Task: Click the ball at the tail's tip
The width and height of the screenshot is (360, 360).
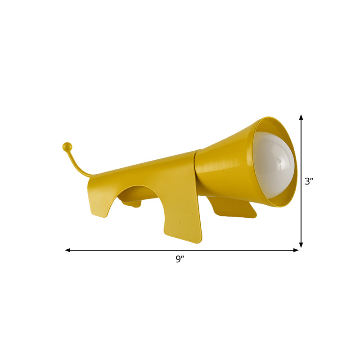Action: pyautogui.click(x=67, y=146)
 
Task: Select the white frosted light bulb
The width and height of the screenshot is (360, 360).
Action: pyautogui.click(x=273, y=163)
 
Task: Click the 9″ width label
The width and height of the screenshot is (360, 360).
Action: pyautogui.click(x=180, y=259)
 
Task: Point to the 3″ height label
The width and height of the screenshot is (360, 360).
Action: pyautogui.click(x=309, y=182)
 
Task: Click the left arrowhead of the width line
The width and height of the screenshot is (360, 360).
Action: pyautogui.click(x=67, y=250)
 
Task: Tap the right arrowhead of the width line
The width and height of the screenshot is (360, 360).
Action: pyautogui.click(x=296, y=250)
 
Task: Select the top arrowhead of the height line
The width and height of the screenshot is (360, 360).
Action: pyautogui.click(x=301, y=117)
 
